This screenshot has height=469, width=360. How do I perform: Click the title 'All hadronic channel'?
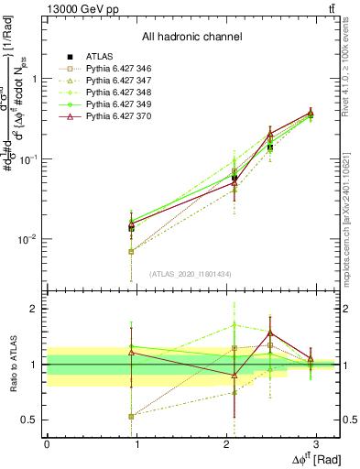191,37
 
